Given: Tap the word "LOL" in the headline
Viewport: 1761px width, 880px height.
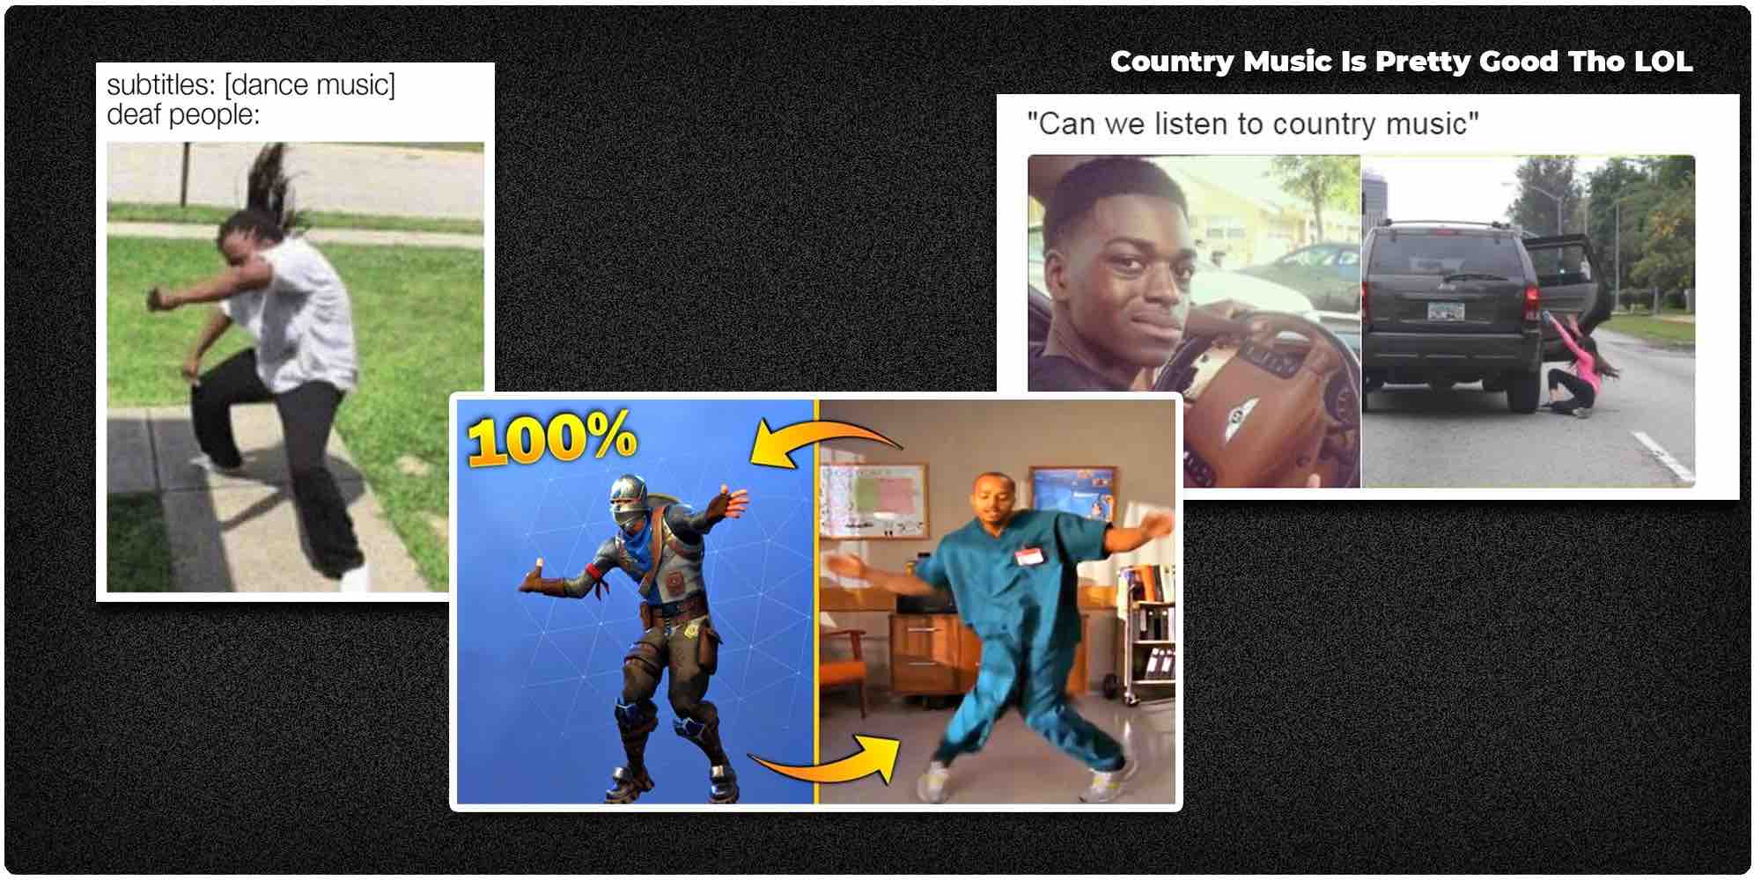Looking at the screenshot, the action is [x=1663, y=62].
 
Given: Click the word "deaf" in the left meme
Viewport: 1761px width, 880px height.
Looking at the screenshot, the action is [x=131, y=114].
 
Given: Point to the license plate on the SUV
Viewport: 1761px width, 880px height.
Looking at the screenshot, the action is [x=1446, y=310].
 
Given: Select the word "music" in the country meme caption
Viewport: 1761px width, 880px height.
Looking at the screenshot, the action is [x=1426, y=124].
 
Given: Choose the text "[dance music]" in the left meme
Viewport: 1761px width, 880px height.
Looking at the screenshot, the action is [x=310, y=85].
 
